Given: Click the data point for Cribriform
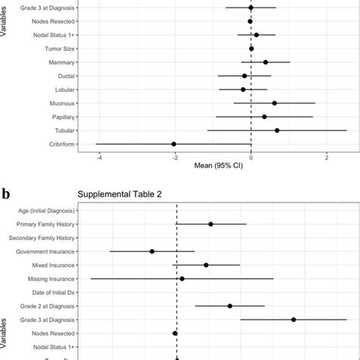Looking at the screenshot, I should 174,144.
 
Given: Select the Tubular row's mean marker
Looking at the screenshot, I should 277,130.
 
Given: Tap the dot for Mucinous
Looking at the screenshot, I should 274,103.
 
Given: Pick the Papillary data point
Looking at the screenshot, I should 264,116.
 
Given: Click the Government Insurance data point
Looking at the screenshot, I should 152,251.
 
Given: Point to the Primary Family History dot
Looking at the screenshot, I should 210,224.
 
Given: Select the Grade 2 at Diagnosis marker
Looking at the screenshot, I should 230,306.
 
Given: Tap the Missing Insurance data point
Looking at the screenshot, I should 182,279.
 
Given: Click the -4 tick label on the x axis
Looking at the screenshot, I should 99,156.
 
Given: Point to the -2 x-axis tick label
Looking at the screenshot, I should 175,156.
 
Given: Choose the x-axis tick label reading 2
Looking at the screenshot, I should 327,156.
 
